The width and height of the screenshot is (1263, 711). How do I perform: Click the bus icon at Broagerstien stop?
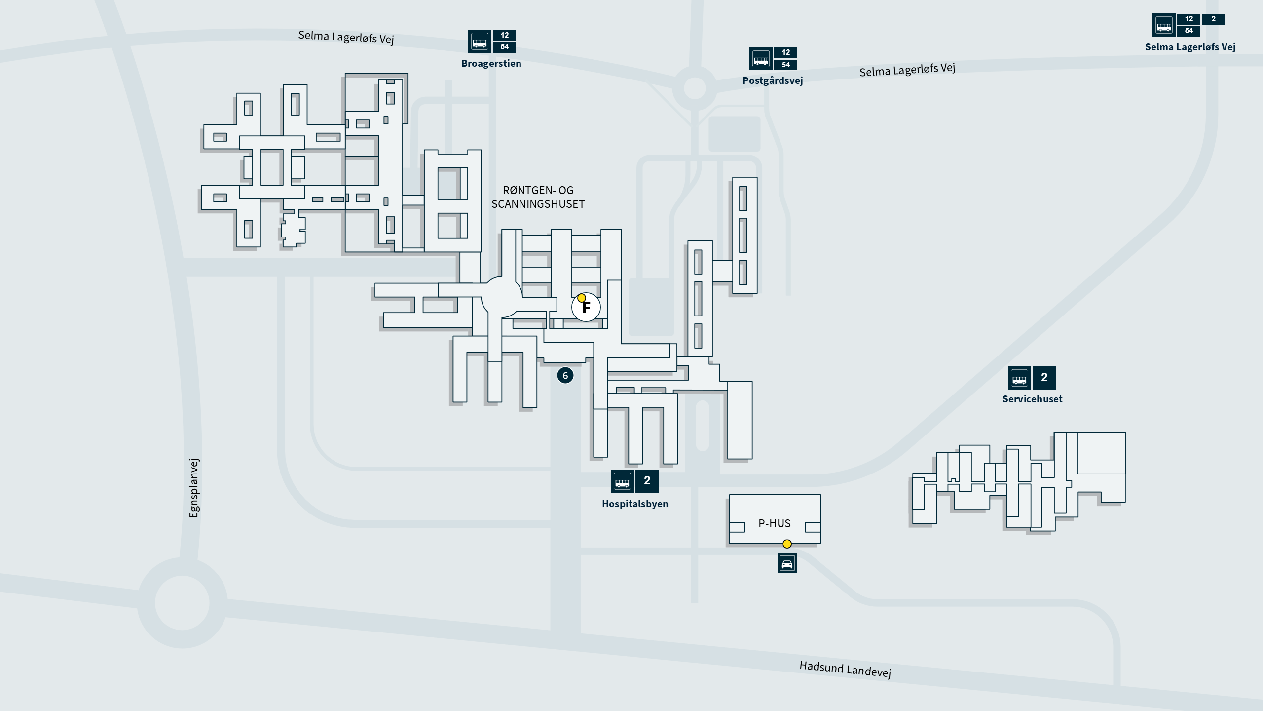pyautogui.click(x=480, y=41)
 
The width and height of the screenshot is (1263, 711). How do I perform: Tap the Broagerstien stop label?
pyautogui.click(x=491, y=63)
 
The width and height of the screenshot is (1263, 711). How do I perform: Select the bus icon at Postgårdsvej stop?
pyautogui.click(x=761, y=59)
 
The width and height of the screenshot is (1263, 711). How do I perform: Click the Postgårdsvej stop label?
pyautogui.click(x=773, y=80)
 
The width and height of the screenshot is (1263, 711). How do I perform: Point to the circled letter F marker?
pyautogui.click(x=586, y=308)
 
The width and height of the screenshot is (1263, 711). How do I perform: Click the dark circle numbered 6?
pyautogui.click(x=565, y=376)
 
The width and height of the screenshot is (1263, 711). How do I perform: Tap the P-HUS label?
pyautogui.click(x=775, y=523)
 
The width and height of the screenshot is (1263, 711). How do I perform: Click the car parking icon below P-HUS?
pyautogui.click(x=787, y=563)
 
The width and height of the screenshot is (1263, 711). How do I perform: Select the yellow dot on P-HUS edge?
pyautogui.click(x=787, y=544)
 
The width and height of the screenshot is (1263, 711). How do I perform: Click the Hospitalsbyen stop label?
pyautogui.click(x=635, y=504)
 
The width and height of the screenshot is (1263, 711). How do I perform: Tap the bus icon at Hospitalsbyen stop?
pyautogui.click(x=622, y=481)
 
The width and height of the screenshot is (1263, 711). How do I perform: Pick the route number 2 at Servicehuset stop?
pyautogui.click(x=1044, y=378)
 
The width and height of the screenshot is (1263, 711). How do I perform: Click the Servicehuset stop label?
pyautogui.click(x=1032, y=399)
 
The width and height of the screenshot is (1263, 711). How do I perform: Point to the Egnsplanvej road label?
pyautogui.click(x=194, y=488)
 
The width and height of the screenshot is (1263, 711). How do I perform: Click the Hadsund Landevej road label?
pyautogui.click(x=845, y=670)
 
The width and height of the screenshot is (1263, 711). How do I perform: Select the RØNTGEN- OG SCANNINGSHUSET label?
pyautogui.click(x=538, y=197)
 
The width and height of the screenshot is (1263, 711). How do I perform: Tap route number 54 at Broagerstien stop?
pyautogui.click(x=504, y=47)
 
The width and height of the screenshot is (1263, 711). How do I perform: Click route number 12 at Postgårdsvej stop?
pyautogui.click(x=785, y=52)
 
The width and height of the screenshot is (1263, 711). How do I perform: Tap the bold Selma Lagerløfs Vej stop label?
pyautogui.click(x=1190, y=47)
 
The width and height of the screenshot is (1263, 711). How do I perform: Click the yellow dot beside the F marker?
pyautogui.click(x=582, y=298)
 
